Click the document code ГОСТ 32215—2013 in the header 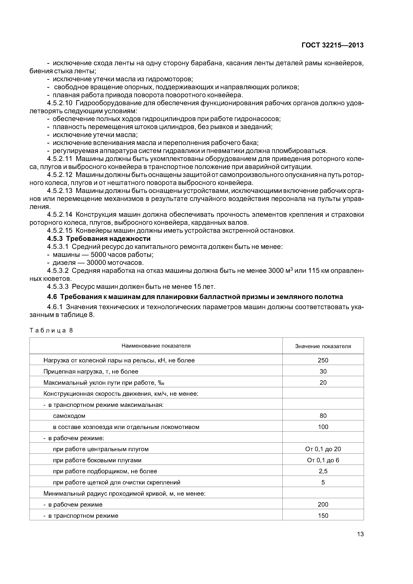click(x=332, y=45)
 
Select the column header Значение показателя click(x=323, y=346)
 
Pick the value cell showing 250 click(x=323, y=360)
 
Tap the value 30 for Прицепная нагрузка click(x=323, y=371)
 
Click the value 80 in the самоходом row click(x=323, y=416)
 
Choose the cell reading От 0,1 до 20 click(x=323, y=449)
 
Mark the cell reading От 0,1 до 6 click(x=323, y=460)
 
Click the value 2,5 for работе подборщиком click(x=323, y=471)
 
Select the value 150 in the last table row click(x=323, y=516)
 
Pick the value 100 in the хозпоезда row click(x=323, y=427)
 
